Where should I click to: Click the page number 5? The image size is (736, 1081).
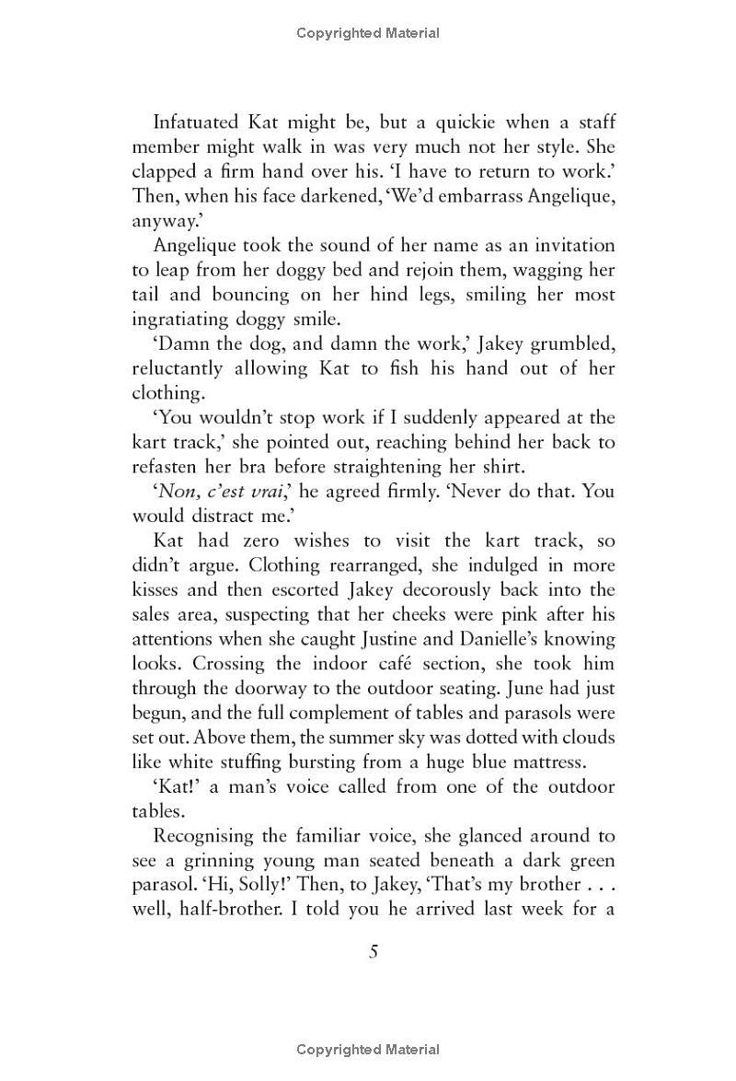(x=374, y=952)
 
